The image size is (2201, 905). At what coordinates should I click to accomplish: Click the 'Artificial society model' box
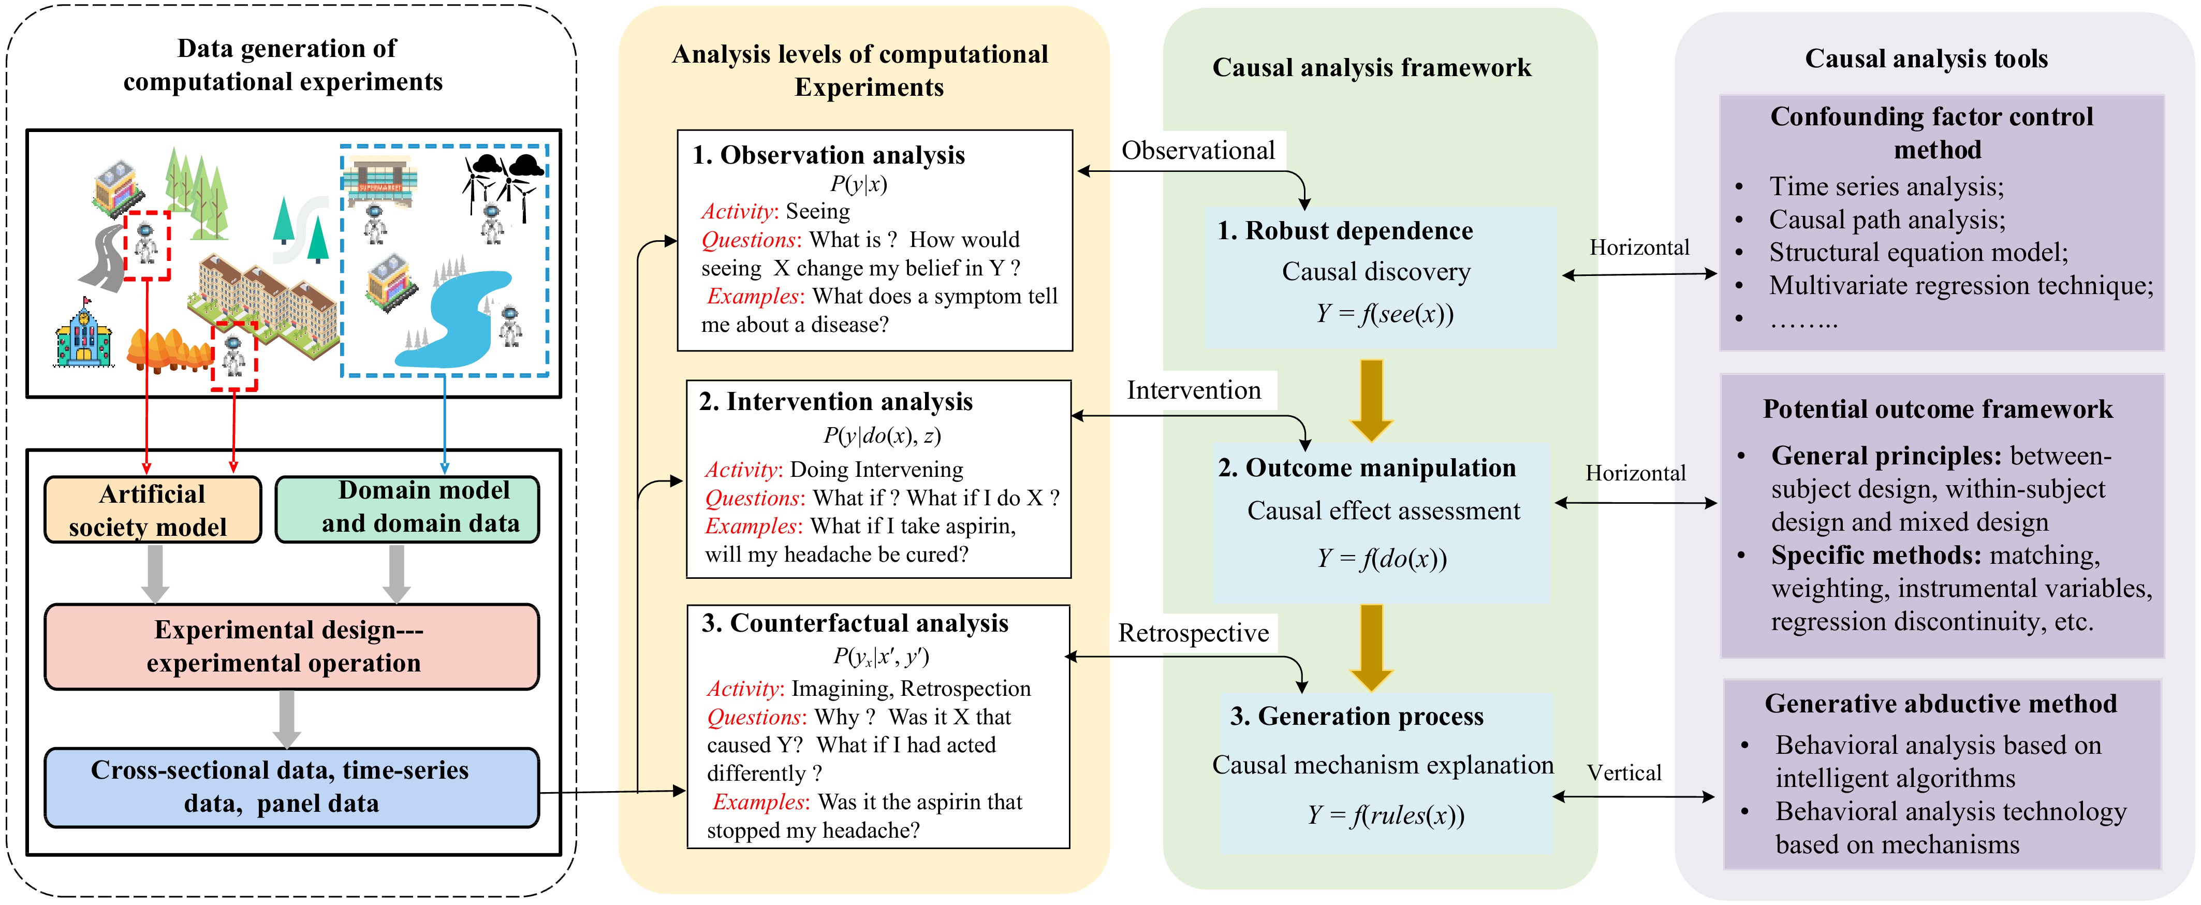coord(153,510)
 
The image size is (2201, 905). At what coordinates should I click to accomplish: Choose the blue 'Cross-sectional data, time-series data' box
coord(291,787)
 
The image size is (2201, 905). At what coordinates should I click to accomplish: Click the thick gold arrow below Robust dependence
coord(1371,400)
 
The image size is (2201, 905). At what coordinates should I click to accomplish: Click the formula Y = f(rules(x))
coord(1385,815)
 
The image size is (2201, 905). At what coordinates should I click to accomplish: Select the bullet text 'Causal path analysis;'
coord(1887,220)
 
